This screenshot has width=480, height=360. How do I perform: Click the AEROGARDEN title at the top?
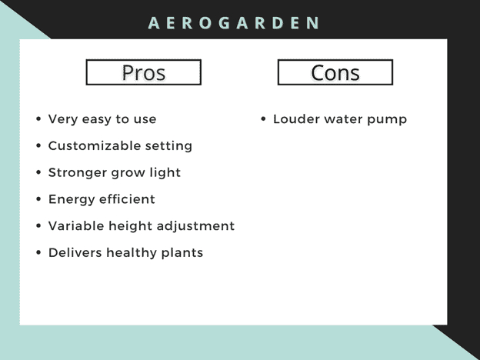(234, 23)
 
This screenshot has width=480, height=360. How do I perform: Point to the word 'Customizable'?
(95, 145)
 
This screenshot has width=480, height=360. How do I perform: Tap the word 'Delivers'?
(75, 252)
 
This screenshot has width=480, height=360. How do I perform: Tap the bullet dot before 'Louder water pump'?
(263, 118)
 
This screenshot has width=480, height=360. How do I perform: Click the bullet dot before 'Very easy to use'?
(38, 118)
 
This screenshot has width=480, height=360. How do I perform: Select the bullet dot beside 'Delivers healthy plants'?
(38, 252)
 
